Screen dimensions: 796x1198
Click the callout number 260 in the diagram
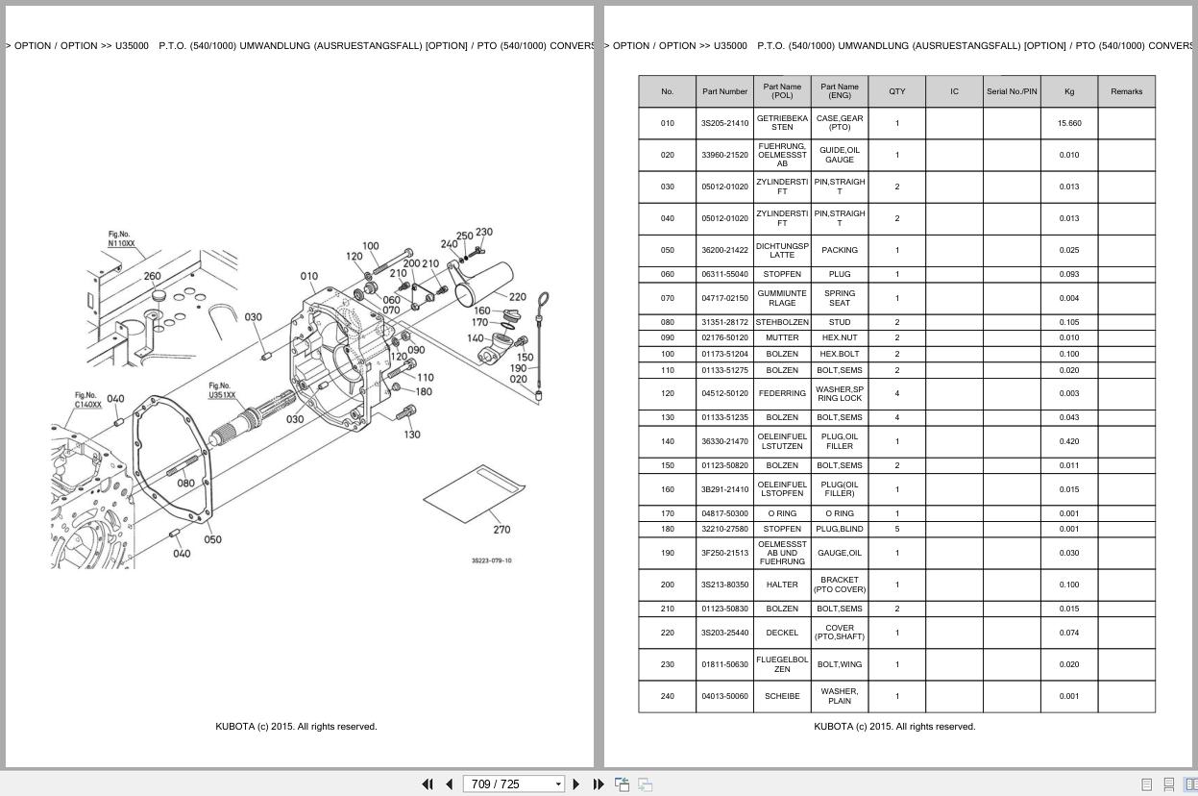click(x=152, y=276)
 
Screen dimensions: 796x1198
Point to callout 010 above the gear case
click(x=308, y=276)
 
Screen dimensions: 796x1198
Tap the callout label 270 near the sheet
click(x=501, y=530)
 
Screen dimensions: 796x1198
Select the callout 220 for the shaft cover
click(x=517, y=297)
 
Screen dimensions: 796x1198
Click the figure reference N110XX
click(x=121, y=243)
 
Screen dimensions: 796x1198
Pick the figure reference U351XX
click(x=222, y=395)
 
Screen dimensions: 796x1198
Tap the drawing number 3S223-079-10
click(x=491, y=560)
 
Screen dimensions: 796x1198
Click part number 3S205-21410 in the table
click(x=724, y=123)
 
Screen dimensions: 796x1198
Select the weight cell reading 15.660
click(x=1068, y=123)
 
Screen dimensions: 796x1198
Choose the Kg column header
click(x=1068, y=91)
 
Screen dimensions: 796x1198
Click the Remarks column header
click(x=1126, y=91)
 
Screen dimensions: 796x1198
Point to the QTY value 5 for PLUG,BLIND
click(x=896, y=529)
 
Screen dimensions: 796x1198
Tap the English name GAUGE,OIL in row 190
click(x=839, y=553)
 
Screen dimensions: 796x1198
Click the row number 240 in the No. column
click(x=667, y=696)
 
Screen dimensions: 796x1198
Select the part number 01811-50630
click(x=724, y=664)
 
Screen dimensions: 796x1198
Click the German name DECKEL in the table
click(x=782, y=633)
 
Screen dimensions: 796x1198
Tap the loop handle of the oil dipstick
click(x=544, y=302)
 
